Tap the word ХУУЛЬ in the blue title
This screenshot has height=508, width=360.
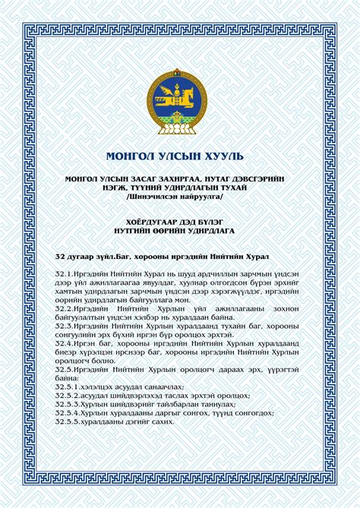(x=224, y=156)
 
